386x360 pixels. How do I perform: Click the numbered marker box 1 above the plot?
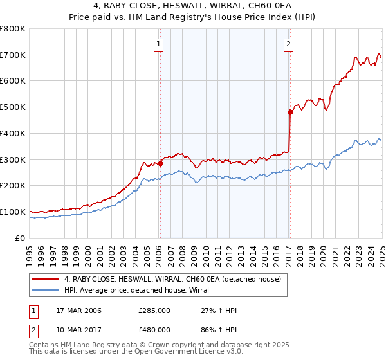click(x=158, y=44)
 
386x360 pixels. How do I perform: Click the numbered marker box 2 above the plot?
click(x=289, y=44)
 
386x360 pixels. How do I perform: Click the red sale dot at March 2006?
click(x=160, y=163)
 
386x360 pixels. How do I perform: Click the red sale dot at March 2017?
click(x=290, y=112)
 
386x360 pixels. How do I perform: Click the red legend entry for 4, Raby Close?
click(x=172, y=279)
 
